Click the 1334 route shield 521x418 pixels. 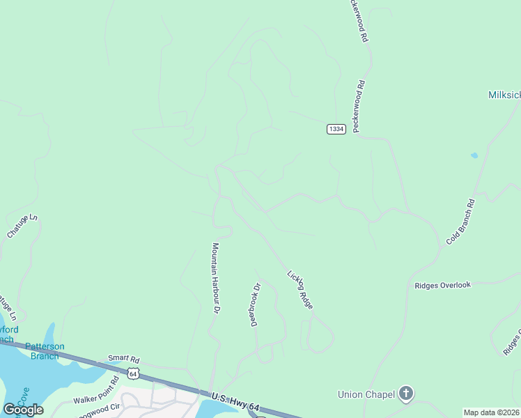pyautogui.click(x=336, y=129)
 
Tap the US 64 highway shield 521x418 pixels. pyautogui.click(x=133, y=374)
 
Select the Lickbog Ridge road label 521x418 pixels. pyautogui.click(x=300, y=289)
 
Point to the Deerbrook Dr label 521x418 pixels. pyautogui.click(x=256, y=304)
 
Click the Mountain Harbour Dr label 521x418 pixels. pyautogui.click(x=217, y=277)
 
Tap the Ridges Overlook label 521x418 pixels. pyautogui.click(x=442, y=285)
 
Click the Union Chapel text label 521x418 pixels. pyautogui.click(x=366, y=394)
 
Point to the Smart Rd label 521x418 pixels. pyautogui.click(x=123, y=359)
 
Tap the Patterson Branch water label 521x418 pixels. pyautogui.click(x=45, y=350)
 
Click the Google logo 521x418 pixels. pyautogui.click(x=23, y=410)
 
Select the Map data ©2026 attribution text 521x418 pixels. pyautogui.click(x=492, y=412)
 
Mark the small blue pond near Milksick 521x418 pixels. pyautogui.click(x=474, y=155)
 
